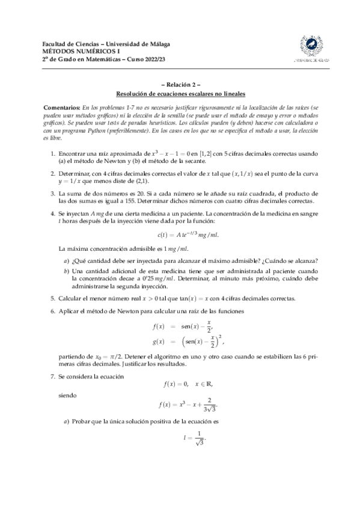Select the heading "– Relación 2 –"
(180, 86)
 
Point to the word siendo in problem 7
(69, 396)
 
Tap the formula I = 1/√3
(195, 438)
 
